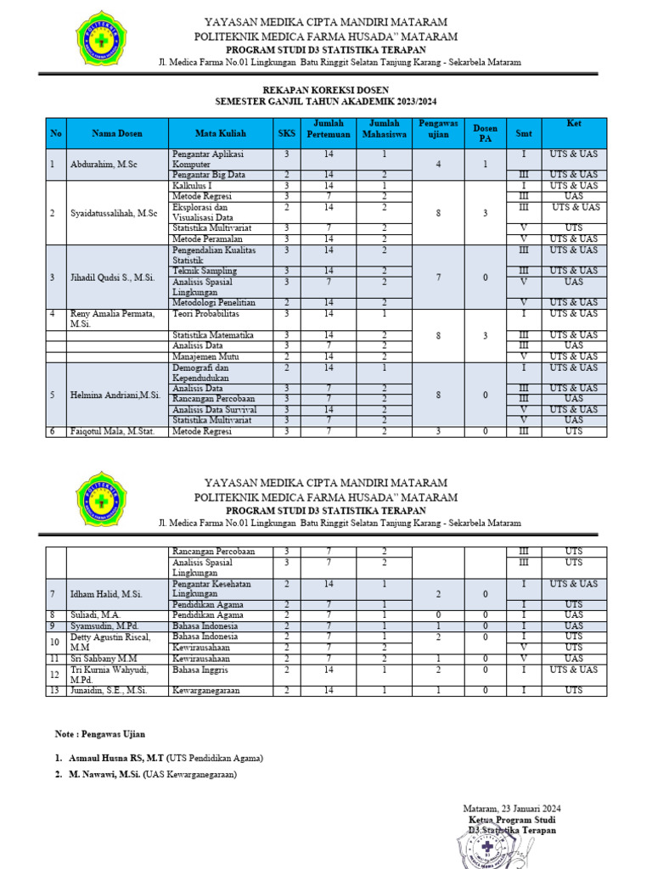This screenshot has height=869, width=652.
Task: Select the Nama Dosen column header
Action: [x=117, y=133]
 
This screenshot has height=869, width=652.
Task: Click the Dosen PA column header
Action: [x=485, y=133]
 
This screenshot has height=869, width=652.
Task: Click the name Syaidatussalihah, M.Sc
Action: [x=114, y=212]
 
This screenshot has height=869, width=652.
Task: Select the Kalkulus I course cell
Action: [x=193, y=186]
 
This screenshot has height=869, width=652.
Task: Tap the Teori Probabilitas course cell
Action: [x=209, y=313]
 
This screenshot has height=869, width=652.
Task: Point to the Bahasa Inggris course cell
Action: [x=200, y=670]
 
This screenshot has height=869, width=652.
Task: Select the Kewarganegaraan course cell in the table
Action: [x=206, y=691]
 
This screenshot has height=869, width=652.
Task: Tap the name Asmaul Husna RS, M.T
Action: [x=116, y=758]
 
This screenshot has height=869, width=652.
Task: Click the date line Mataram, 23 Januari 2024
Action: [x=511, y=809]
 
